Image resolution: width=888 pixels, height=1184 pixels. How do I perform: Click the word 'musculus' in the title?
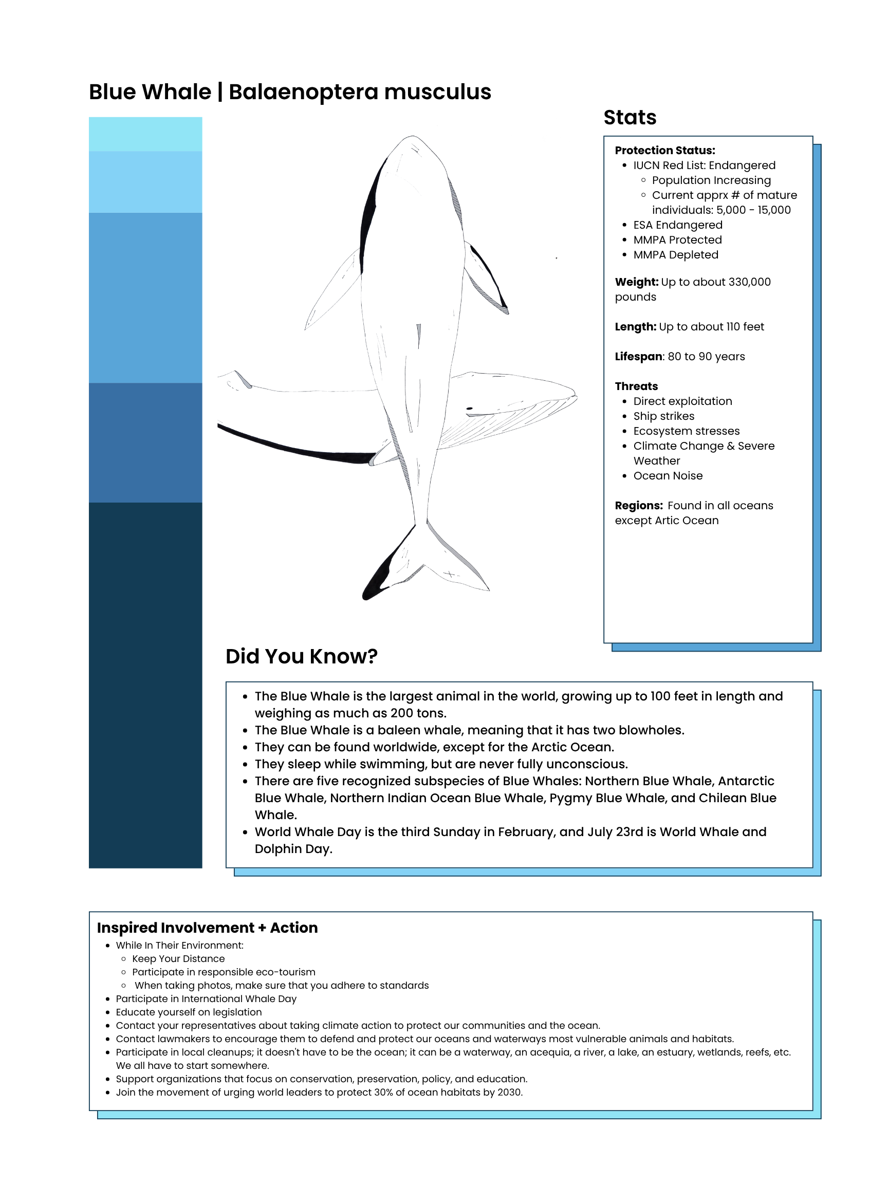(437, 92)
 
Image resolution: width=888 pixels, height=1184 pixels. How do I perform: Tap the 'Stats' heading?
(630, 117)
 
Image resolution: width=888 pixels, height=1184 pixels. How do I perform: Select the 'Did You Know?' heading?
(301, 656)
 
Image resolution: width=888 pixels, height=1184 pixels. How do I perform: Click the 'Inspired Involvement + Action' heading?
(207, 928)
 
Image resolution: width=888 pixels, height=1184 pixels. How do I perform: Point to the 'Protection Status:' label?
(664, 151)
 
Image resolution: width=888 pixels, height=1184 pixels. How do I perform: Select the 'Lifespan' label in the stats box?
(638, 357)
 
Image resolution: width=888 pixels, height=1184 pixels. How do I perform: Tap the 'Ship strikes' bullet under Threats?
(663, 416)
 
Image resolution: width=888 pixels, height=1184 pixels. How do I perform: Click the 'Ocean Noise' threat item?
(668, 476)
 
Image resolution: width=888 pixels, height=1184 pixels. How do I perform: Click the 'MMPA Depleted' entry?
(675, 255)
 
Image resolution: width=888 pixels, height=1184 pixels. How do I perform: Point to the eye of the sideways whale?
(469, 409)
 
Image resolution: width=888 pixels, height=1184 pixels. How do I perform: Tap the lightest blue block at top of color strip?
(145, 134)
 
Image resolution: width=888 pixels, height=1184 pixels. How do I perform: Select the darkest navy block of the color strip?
(145, 685)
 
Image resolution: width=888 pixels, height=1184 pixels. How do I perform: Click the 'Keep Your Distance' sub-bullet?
(178, 958)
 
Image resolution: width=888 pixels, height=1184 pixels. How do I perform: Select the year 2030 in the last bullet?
(509, 1092)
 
